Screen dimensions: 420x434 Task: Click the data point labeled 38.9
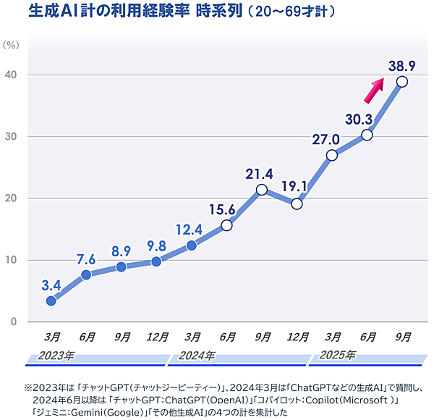(401, 82)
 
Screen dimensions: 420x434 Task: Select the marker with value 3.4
(51, 301)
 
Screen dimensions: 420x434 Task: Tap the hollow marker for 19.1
(297, 203)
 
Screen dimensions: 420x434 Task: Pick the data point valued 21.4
(262, 190)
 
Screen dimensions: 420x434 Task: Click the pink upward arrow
(373, 91)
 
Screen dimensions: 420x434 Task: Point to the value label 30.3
(359, 119)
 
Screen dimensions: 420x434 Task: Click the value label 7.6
(86, 259)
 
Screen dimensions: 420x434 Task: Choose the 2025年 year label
(338, 356)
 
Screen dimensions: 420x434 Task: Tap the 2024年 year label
(197, 356)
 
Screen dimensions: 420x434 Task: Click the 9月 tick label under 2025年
(402, 337)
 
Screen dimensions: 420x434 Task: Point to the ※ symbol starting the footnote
(29, 386)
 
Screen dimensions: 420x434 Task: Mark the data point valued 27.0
(332, 155)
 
